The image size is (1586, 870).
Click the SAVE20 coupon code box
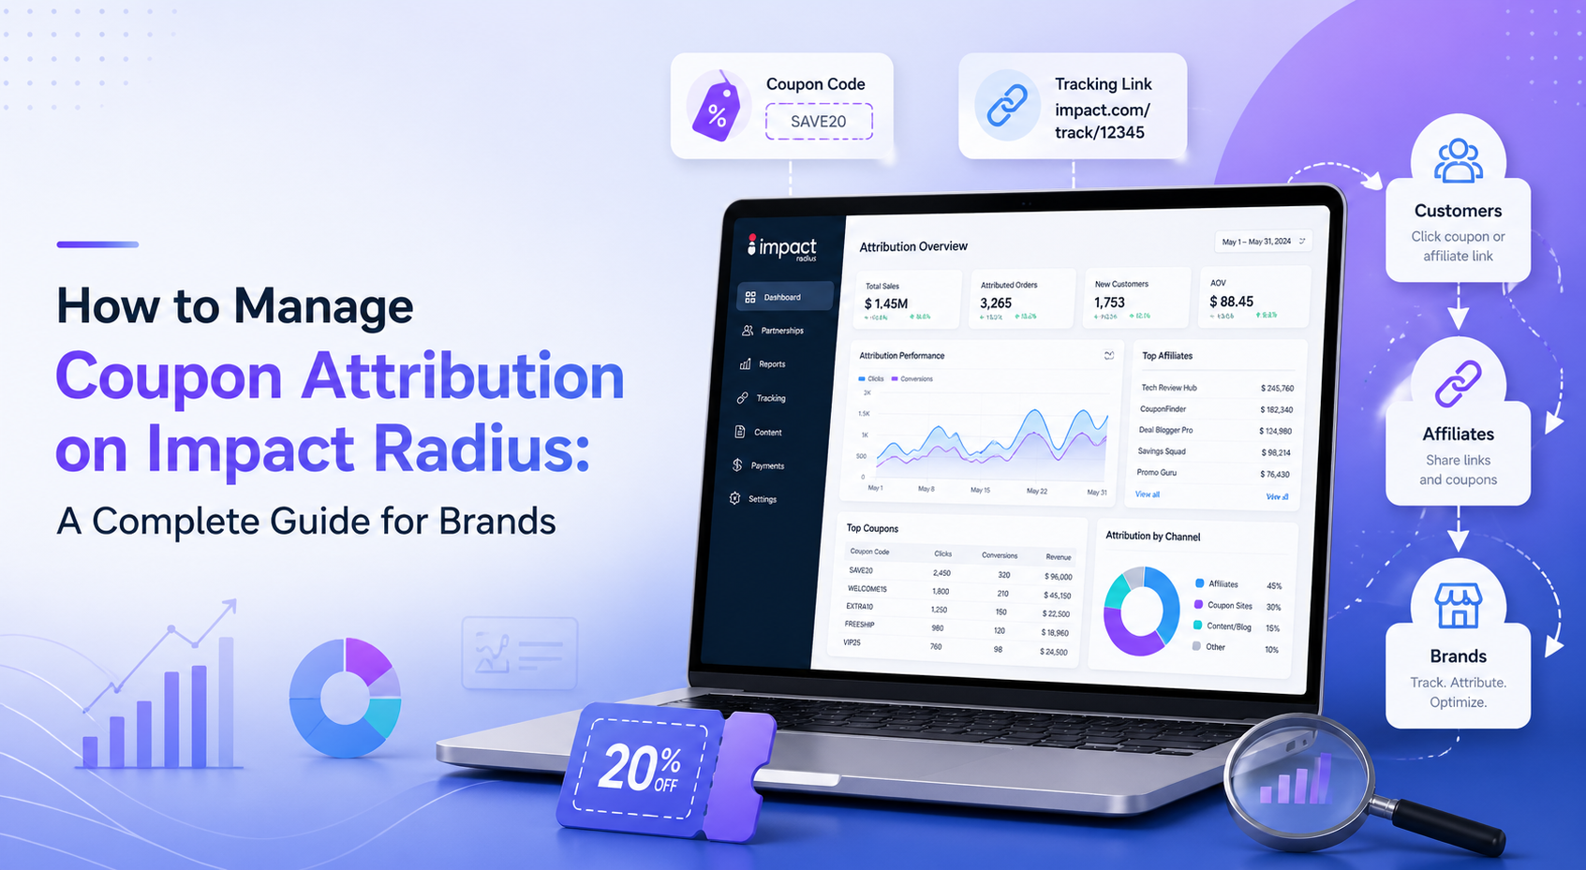[x=819, y=122]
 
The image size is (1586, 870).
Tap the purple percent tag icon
[x=717, y=108]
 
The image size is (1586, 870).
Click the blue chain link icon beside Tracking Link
[x=1007, y=106]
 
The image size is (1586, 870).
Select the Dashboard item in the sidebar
[x=783, y=297]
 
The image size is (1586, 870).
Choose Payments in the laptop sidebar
[x=766, y=465]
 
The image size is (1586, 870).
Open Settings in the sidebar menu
[x=762, y=499]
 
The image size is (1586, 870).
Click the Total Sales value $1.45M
[x=886, y=303]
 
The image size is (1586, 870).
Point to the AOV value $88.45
[x=1231, y=302]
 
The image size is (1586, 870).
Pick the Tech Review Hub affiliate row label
[x=1168, y=388]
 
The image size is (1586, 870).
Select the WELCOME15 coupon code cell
[x=867, y=589]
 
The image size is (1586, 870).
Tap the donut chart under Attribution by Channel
[x=1141, y=611]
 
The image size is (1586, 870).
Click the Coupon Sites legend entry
[x=1229, y=606]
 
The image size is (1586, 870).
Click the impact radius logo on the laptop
[x=782, y=248]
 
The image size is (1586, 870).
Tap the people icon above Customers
[x=1458, y=160]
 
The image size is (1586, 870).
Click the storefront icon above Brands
[x=1458, y=605]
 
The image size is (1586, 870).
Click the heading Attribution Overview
[x=913, y=246]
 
